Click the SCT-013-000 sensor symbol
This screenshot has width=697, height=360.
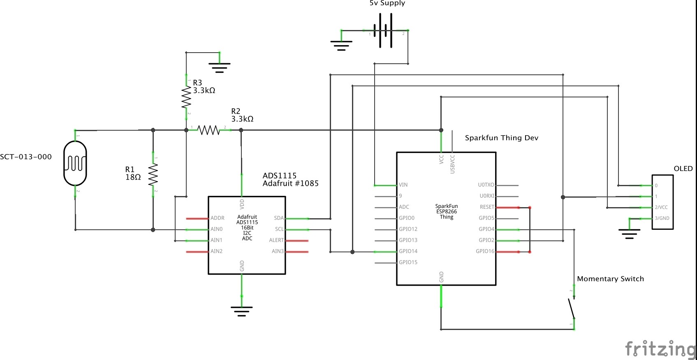(x=75, y=164)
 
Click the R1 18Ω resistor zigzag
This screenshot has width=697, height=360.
(x=153, y=175)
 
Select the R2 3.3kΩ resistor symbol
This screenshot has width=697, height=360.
(x=209, y=130)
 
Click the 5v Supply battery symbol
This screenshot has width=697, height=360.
(x=383, y=30)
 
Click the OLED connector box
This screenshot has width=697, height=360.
(x=662, y=202)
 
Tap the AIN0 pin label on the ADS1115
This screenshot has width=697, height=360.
(x=217, y=229)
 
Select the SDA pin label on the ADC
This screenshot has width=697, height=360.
(x=279, y=218)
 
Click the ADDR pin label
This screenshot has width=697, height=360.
(x=218, y=218)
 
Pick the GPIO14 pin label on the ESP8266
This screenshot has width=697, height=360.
(x=408, y=251)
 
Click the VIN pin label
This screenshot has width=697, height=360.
(x=403, y=185)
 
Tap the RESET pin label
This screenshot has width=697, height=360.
(x=487, y=207)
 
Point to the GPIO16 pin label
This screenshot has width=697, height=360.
(x=485, y=251)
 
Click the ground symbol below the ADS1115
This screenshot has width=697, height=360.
(x=242, y=311)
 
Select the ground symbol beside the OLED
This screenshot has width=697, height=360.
(x=629, y=233)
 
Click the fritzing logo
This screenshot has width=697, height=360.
(x=660, y=348)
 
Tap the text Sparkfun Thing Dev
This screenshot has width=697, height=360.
(x=501, y=138)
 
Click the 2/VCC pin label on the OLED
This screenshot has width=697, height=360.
(x=661, y=208)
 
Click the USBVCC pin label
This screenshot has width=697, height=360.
(x=452, y=164)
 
